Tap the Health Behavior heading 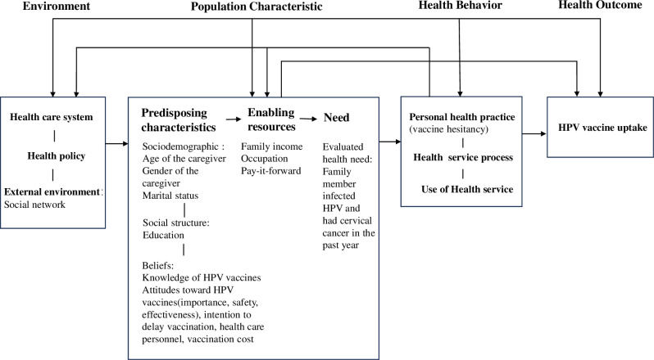[461, 7]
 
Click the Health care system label [51, 117]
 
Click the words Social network [34, 205]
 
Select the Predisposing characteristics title [179, 119]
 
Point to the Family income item [272, 146]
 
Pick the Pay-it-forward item [273, 170]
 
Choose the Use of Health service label [462, 190]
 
